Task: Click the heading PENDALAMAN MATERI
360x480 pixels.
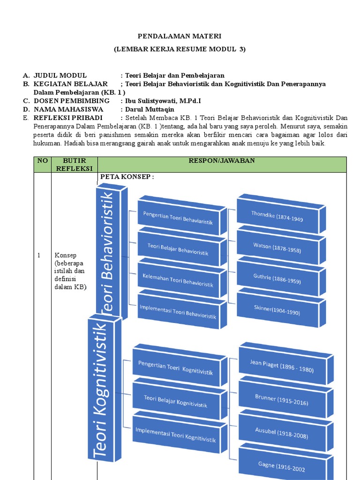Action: [180, 36]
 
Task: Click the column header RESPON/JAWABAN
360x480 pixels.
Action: [222, 161]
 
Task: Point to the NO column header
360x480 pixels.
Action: [43, 161]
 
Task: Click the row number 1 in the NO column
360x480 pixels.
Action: [39, 255]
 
